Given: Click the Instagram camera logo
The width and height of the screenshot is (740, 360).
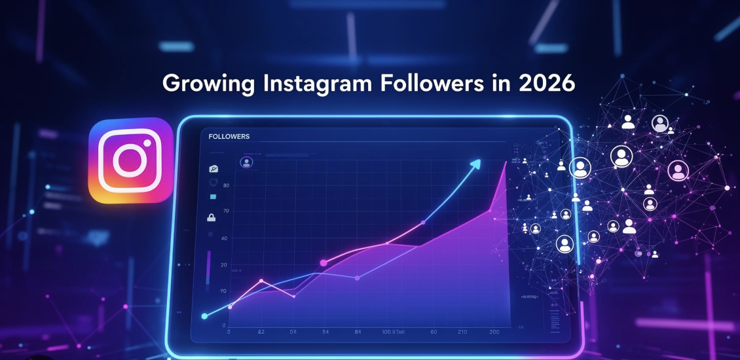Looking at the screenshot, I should pyautogui.click(x=131, y=160).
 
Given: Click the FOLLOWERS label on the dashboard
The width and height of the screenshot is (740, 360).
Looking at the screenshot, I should pyautogui.click(x=229, y=136).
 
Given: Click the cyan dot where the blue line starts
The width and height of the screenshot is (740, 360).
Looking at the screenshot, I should pyautogui.click(x=204, y=316).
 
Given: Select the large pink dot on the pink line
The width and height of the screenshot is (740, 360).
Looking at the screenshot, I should pyautogui.click(x=324, y=262).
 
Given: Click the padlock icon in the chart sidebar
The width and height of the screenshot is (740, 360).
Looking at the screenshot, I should pyautogui.click(x=212, y=217).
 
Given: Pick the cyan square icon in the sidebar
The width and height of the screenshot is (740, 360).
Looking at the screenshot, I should pyautogui.click(x=212, y=196).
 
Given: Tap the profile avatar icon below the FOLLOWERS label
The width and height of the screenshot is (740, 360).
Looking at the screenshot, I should pyautogui.click(x=246, y=162).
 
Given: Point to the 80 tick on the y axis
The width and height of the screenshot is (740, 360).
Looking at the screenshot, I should pyautogui.click(x=225, y=186).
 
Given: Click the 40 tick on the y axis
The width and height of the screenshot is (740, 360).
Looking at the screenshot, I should pyautogui.click(x=225, y=238).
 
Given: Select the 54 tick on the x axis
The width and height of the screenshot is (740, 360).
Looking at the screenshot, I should pyautogui.click(x=325, y=333).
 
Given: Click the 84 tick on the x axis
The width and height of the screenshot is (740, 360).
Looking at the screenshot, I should pyautogui.click(x=358, y=333).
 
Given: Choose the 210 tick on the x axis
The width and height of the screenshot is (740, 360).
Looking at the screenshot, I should pyautogui.click(x=462, y=333).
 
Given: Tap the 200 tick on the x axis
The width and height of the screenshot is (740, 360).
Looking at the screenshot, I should pyautogui.click(x=494, y=333).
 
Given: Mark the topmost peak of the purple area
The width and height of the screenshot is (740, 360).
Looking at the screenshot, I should pyautogui.click(x=506, y=162).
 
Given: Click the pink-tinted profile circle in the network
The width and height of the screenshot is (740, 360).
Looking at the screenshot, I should pyautogui.click(x=678, y=171).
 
